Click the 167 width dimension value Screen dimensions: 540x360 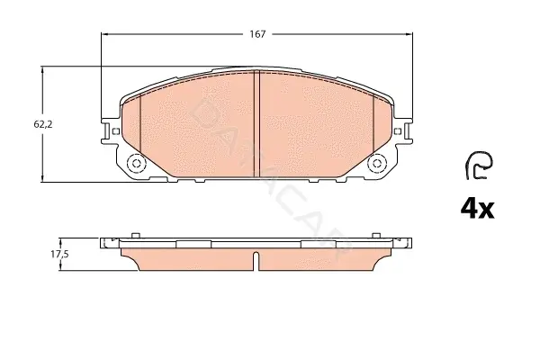pos(257,34)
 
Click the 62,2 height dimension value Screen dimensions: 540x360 pos(43,124)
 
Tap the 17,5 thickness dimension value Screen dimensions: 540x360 pos(60,254)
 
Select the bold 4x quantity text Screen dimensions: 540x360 pos(477,209)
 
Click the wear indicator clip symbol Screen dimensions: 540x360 pos(480,165)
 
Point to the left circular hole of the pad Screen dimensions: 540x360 pos(137,163)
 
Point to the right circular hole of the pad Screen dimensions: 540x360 pos(377,163)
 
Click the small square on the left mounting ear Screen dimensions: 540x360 pos(116,131)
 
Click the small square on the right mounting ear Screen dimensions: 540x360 pos(398,131)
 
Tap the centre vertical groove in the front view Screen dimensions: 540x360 pos(256,124)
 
